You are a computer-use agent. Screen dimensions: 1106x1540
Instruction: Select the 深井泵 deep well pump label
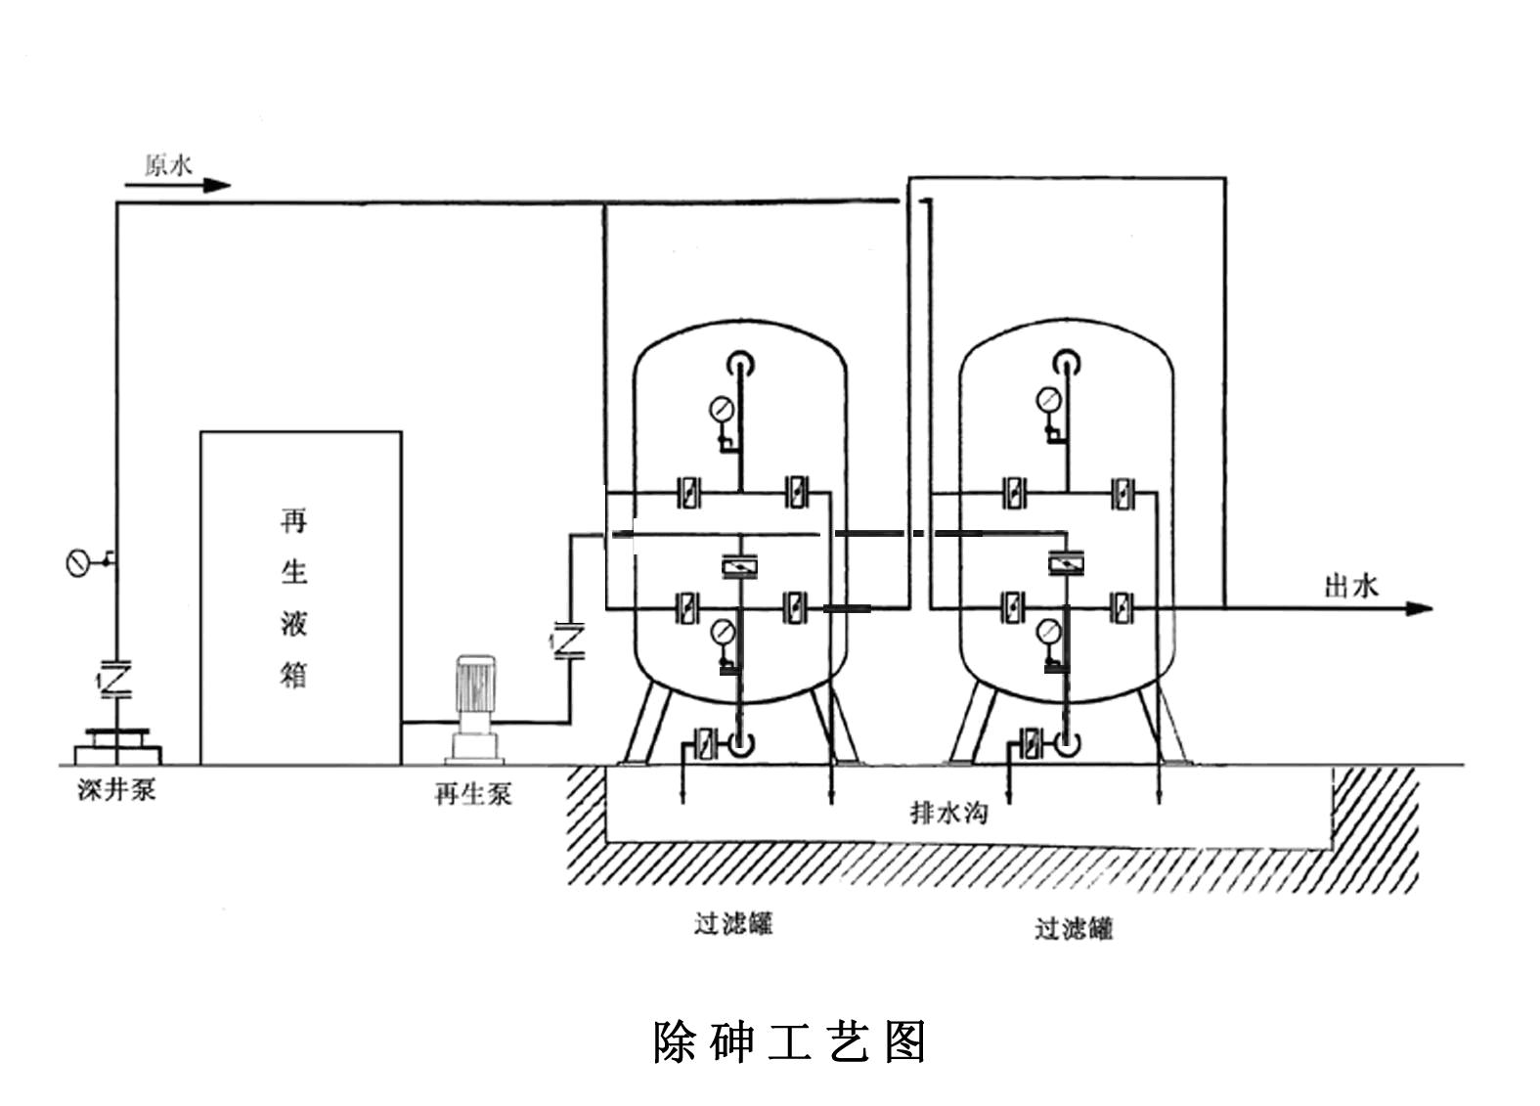[x=116, y=789]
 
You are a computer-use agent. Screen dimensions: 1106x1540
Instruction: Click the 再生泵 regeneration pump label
[x=472, y=792]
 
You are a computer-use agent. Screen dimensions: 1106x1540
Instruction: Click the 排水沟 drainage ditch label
[x=948, y=812]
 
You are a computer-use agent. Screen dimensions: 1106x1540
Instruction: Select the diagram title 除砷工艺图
[x=789, y=1041]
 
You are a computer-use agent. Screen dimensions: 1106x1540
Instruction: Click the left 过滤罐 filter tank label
[x=733, y=922]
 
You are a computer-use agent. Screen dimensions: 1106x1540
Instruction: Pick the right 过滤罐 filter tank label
[x=1074, y=927]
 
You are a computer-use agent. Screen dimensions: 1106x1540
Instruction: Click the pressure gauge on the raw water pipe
[x=78, y=563]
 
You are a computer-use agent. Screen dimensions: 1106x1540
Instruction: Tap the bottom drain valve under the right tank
[x=1029, y=744]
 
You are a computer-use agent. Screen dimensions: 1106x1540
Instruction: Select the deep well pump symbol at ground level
[x=117, y=745]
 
